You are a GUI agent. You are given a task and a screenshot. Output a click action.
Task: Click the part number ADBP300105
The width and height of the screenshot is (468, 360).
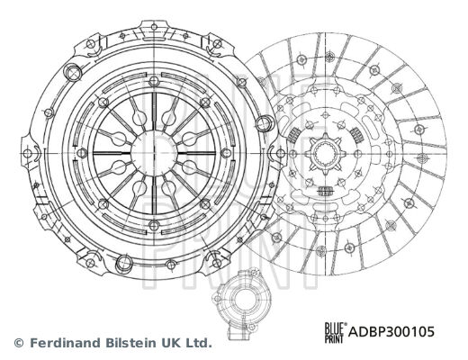pos(391,332)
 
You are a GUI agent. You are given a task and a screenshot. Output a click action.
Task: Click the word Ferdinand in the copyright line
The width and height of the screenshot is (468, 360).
pos(66,343)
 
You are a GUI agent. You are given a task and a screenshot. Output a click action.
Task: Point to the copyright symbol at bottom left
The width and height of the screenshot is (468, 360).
pos(19,343)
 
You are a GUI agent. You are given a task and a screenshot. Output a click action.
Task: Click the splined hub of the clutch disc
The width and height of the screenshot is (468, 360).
pos(326,154)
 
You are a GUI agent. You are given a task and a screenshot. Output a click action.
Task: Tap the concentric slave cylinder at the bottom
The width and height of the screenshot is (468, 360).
pos(236,303)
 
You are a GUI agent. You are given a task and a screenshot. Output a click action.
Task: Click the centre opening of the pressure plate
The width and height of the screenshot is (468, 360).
pos(154,153)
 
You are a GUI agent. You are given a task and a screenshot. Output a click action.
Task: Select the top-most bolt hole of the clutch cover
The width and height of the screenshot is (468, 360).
pos(154,27)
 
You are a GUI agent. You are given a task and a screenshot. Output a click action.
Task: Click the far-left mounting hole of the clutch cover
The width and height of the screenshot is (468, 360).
pos(28,154)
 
